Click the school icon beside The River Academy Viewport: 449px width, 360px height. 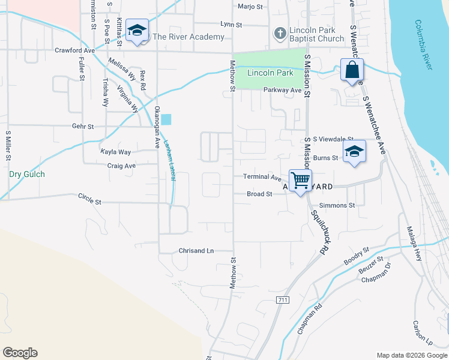tap(137, 31)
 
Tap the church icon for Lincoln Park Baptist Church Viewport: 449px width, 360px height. tap(280, 33)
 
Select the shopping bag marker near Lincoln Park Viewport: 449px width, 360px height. tap(352, 70)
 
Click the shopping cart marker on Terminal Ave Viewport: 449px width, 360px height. tap(300, 179)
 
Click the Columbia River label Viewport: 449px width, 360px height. tap(424, 45)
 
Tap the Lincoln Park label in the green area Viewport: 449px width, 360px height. tap(270, 73)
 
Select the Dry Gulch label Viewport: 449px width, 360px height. tap(27, 174)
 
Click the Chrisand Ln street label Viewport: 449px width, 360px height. tap(196, 251)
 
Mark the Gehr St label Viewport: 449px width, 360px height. tap(83, 127)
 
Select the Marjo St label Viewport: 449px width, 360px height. tap(250, 7)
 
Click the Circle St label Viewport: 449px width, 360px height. tap(90, 199)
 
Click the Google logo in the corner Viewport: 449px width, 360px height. tap(20, 353)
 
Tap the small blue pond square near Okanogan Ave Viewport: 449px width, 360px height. tap(166, 119)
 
